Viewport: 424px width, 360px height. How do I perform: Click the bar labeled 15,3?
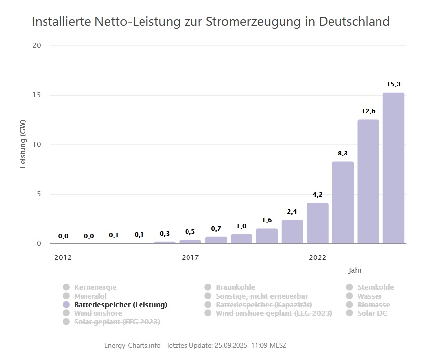393,168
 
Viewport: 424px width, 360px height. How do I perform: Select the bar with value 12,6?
368,181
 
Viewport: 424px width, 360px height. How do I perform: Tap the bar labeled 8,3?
343,203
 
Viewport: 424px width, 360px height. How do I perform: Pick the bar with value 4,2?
317,223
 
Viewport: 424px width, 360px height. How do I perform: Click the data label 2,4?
292,212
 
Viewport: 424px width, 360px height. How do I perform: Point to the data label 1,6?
267,220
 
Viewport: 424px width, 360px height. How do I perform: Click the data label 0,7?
216,229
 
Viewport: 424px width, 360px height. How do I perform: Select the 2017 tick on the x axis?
190,257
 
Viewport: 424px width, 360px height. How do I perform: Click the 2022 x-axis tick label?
317,257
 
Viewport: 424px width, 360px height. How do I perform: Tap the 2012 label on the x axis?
63,257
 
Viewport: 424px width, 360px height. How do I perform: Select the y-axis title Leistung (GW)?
23,145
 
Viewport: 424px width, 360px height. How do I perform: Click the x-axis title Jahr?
355,270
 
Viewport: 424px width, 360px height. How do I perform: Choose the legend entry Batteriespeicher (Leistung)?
120,305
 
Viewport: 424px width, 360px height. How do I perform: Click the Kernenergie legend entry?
95,287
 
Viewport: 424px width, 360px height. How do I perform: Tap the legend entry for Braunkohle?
236,287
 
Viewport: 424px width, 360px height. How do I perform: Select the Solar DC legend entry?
373,313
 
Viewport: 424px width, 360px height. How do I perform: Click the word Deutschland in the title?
354,22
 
